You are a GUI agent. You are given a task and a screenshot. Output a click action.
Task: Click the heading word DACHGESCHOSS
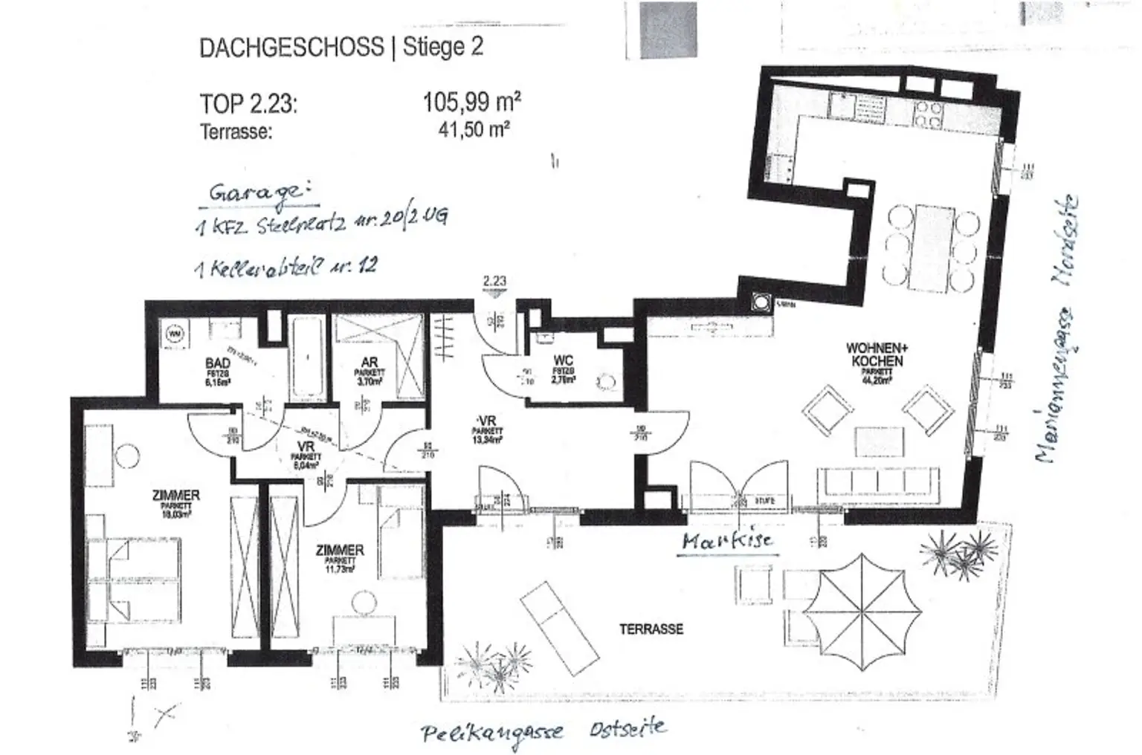pyautogui.click(x=291, y=48)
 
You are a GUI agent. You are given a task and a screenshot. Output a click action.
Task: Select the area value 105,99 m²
pyautogui.click(x=471, y=101)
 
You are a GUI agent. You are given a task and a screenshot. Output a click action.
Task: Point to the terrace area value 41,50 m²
pyautogui.click(x=474, y=129)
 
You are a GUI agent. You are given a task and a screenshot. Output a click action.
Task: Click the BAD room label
pyautogui.click(x=218, y=363)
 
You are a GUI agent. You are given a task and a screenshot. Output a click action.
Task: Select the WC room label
pyautogui.click(x=564, y=362)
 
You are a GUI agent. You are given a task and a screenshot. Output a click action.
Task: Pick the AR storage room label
pyautogui.click(x=369, y=363)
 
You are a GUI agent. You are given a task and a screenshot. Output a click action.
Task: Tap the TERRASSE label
pyautogui.click(x=651, y=629)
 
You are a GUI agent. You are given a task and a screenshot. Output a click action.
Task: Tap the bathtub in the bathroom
pyautogui.click(x=305, y=359)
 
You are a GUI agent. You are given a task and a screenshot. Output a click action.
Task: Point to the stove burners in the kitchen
pyautogui.click(x=928, y=114)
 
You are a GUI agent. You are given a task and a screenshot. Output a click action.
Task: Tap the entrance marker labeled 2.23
pyautogui.click(x=494, y=282)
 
